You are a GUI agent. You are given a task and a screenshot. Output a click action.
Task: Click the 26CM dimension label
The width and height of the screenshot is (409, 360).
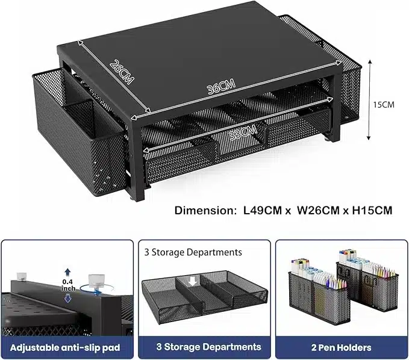[122, 72]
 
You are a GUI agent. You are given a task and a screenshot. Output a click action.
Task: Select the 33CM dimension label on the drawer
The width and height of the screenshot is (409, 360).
[243, 132]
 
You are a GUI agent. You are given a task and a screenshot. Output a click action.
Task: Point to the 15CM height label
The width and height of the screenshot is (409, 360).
[384, 105]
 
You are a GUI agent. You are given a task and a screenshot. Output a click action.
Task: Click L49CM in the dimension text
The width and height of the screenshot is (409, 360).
[263, 210]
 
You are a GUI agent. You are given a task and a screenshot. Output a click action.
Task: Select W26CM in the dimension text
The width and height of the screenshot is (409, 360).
[318, 210]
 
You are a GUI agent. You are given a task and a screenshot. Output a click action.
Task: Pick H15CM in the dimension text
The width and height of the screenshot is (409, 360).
[372, 210]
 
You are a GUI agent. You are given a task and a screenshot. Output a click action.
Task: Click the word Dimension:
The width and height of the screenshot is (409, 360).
[205, 210]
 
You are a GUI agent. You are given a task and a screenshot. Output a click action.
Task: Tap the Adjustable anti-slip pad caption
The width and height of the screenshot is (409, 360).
[65, 347]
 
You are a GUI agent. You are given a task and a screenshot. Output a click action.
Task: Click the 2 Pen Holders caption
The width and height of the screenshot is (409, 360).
[341, 347]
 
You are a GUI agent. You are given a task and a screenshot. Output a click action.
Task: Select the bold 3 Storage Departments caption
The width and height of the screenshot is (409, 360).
[208, 347]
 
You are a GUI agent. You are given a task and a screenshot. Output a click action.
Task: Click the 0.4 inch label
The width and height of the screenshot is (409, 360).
[68, 285]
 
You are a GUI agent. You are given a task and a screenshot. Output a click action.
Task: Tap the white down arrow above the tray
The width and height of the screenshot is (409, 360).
[193, 281]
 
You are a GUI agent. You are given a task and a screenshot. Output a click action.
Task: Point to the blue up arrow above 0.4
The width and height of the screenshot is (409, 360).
[68, 273]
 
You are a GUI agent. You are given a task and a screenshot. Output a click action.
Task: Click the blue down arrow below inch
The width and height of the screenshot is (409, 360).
[68, 298]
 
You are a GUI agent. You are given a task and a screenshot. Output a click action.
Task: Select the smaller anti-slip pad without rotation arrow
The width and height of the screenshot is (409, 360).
[22, 276]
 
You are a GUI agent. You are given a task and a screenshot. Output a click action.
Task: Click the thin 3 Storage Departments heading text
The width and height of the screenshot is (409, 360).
[193, 252]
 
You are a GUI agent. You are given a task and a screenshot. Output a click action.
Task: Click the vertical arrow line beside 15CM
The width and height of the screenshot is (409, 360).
[369, 99]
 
